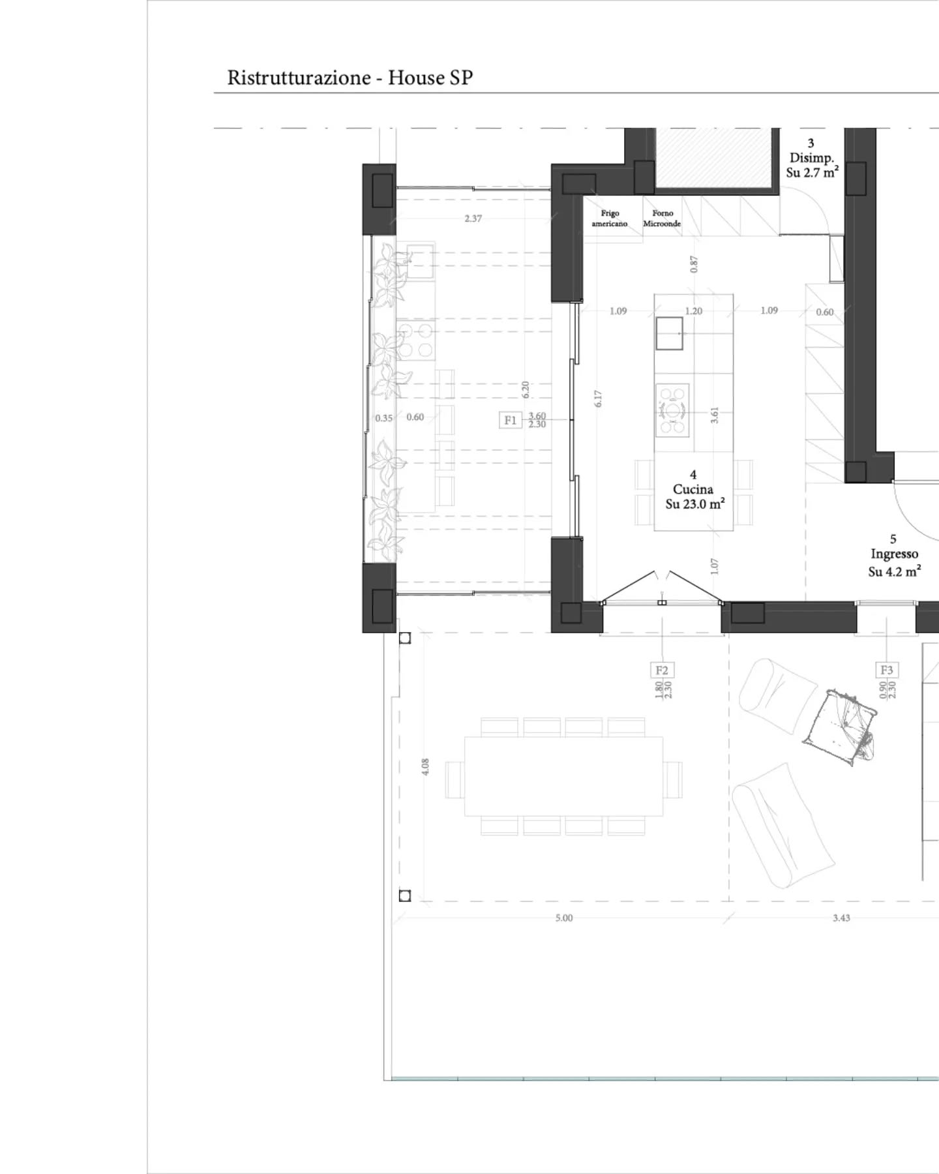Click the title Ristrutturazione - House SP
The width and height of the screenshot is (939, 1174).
(x=350, y=78)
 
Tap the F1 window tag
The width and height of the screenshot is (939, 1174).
(x=510, y=421)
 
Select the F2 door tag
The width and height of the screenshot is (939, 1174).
(x=662, y=670)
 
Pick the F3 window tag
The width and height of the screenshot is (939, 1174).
(x=886, y=670)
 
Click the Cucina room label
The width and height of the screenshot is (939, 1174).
(x=693, y=489)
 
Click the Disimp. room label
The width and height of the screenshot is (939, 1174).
(x=811, y=158)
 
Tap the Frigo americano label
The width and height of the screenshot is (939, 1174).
(x=609, y=218)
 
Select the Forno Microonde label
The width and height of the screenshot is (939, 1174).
(x=662, y=218)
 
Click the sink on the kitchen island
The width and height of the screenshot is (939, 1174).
(x=670, y=333)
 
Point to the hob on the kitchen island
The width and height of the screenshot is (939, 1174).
(x=672, y=410)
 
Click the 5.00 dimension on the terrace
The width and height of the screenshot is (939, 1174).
(x=564, y=918)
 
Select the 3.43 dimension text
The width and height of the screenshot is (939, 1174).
(x=841, y=918)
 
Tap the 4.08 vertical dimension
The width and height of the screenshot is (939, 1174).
(x=426, y=766)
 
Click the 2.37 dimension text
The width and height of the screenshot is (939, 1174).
(x=473, y=218)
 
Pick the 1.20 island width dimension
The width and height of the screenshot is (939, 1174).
(x=694, y=311)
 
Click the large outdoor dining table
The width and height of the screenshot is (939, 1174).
(x=563, y=776)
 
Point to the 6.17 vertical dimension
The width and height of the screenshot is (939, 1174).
(x=598, y=399)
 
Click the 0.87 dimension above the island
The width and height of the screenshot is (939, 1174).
(x=694, y=263)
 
